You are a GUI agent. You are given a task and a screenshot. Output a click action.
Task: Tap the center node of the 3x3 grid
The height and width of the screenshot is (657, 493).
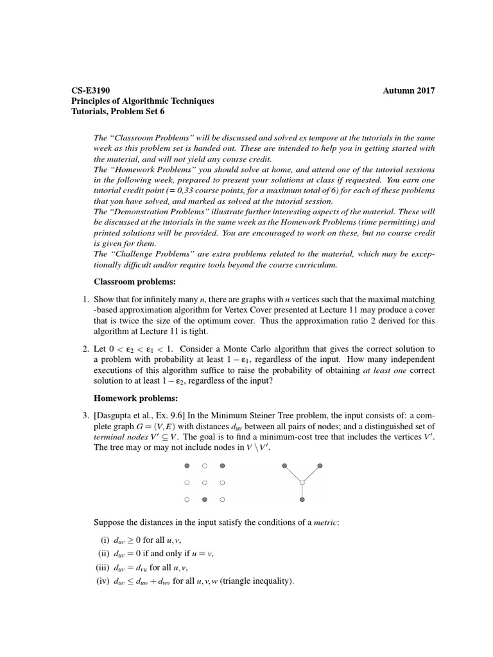click(204, 482)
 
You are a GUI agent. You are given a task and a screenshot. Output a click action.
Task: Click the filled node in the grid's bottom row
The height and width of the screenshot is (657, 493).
click(204, 499)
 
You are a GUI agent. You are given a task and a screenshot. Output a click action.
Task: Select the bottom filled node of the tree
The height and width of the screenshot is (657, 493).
click(302, 499)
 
